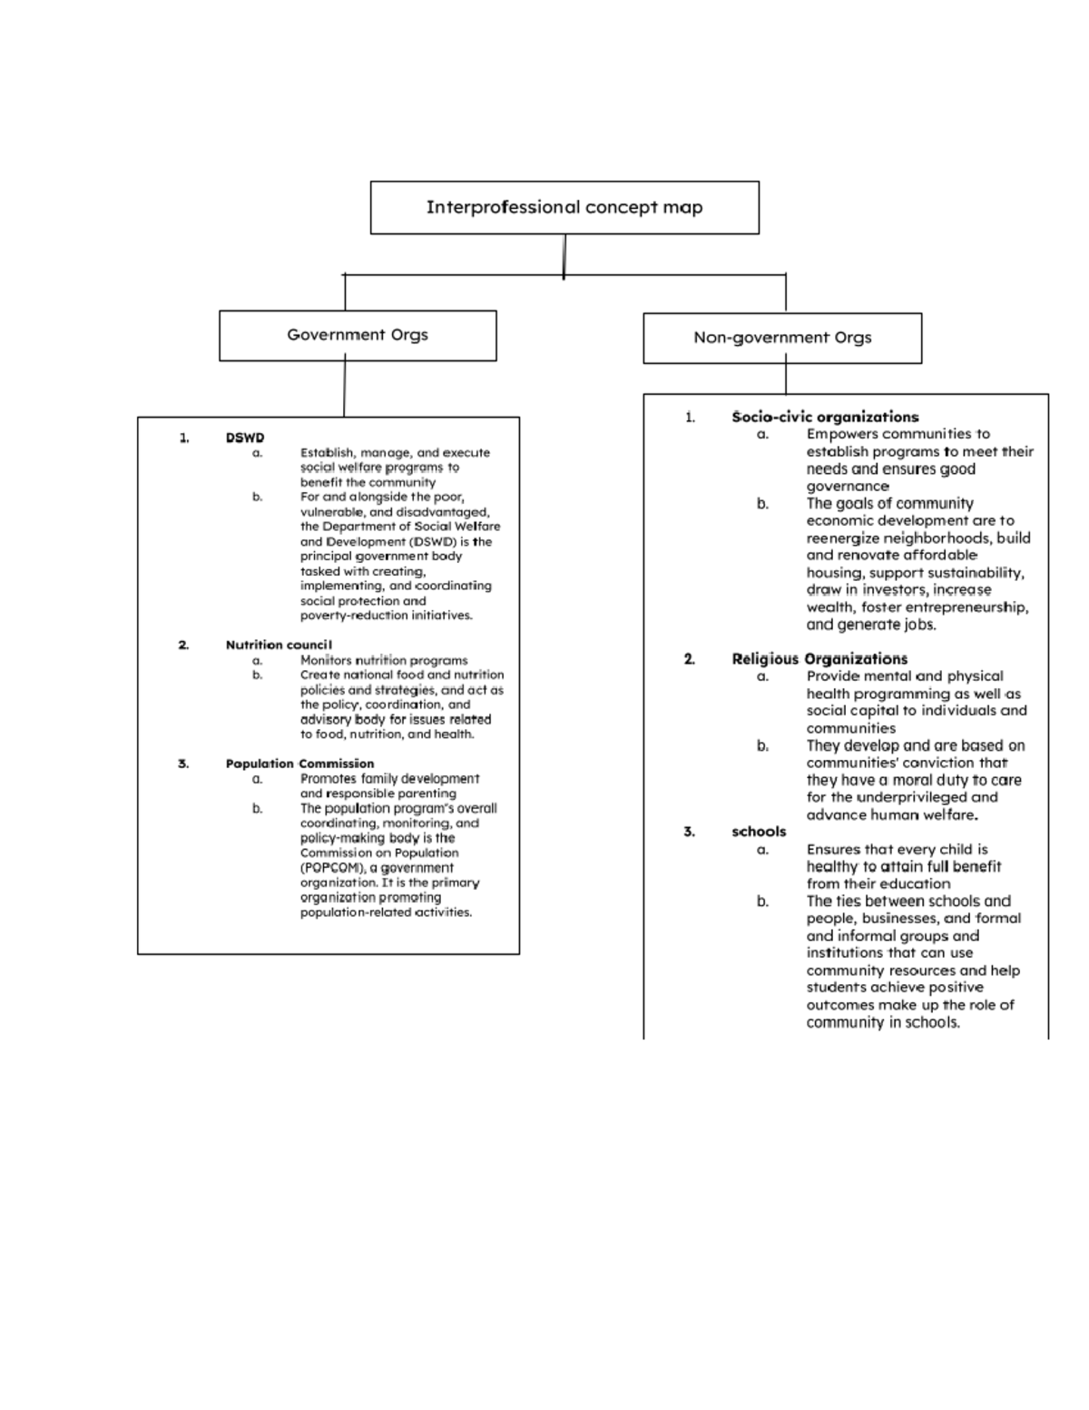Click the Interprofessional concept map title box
click(x=564, y=207)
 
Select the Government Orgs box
click(x=358, y=335)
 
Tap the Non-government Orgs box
click(x=782, y=338)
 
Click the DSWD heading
click(x=245, y=438)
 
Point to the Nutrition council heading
click(x=280, y=645)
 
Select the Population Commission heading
click(x=299, y=764)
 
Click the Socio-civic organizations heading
click(x=825, y=417)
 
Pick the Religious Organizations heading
click(x=819, y=659)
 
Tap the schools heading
click(x=759, y=832)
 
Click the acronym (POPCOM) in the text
click(x=332, y=868)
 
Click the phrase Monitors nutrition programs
click(x=384, y=660)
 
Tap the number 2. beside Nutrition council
click(x=183, y=645)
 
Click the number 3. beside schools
click(x=690, y=832)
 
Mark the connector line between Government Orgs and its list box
click(x=345, y=389)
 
